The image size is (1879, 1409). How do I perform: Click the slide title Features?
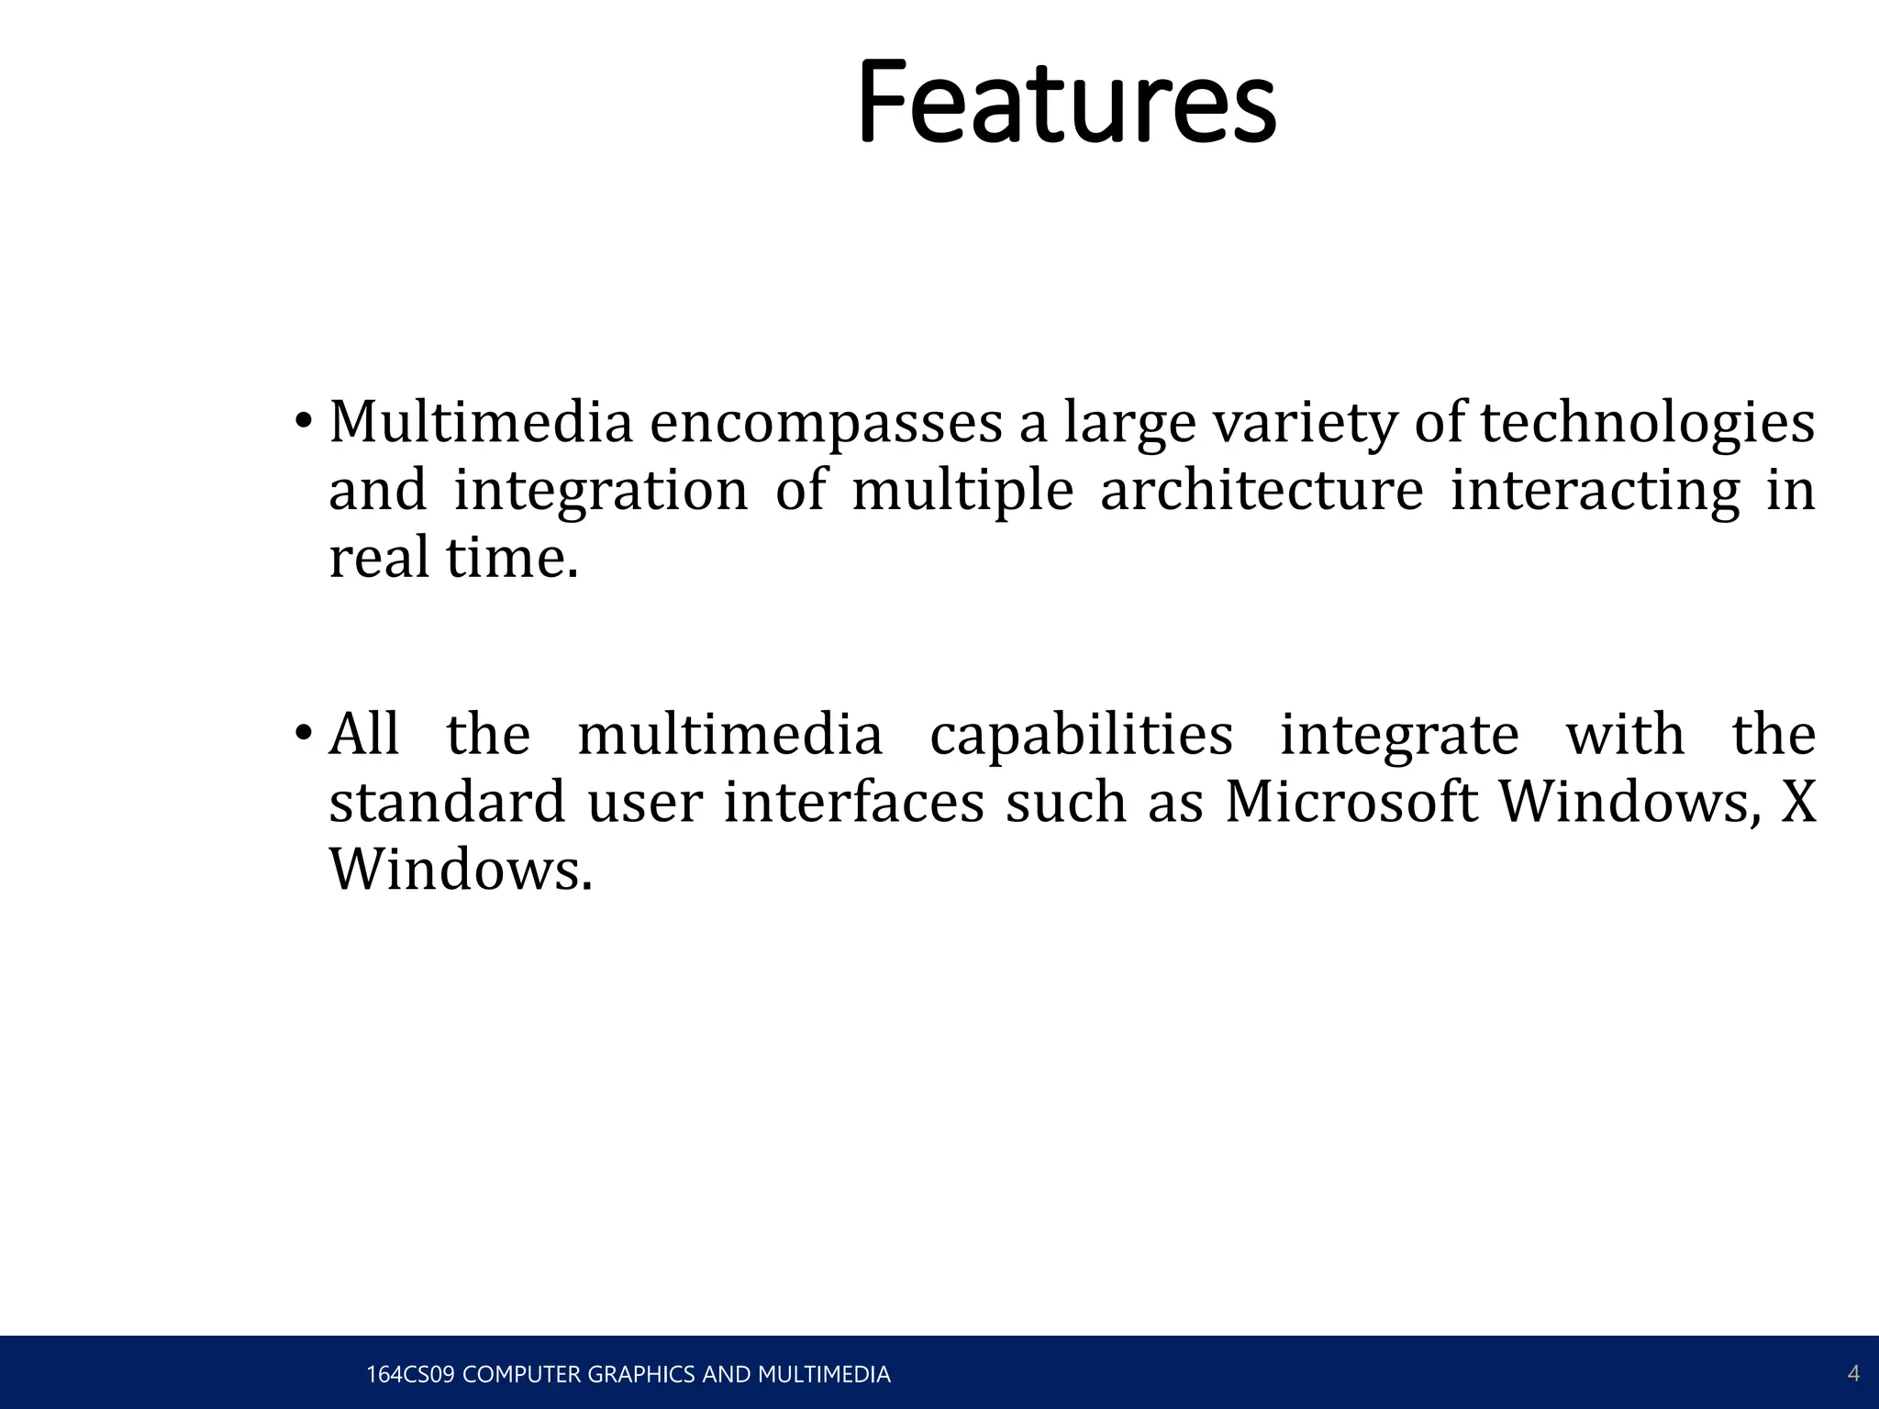click(1066, 103)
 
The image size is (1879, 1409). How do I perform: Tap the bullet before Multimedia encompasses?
click(303, 423)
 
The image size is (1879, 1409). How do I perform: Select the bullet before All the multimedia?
click(303, 734)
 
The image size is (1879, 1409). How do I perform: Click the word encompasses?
click(826, 425)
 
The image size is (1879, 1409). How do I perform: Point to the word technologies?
click(1648, 425)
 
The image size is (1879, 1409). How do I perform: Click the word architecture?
click(1261, 491)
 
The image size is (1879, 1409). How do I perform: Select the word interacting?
click(1595, 491)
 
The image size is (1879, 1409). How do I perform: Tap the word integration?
click(601, 491)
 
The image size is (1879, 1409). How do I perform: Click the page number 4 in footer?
click(1852, 1373)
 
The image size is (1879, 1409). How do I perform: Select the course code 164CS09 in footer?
click(409, 1374)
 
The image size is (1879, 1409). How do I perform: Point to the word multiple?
click(962, 491)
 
